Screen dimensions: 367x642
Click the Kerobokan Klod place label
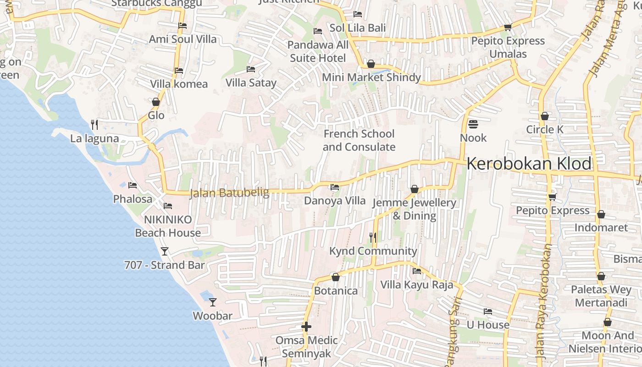[529, 164]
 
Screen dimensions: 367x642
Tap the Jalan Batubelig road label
[229, 193]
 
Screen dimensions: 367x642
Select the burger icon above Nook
[473, 124]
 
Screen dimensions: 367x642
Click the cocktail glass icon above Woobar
[213, 302]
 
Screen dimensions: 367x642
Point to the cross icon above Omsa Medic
[306, 327]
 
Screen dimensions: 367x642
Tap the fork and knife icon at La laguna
[94, 124]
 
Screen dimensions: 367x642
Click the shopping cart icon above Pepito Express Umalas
[508, 28]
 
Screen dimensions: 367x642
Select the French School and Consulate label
[359, 140]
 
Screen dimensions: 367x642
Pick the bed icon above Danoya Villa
[335, 187]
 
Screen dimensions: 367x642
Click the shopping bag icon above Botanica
[336, 277]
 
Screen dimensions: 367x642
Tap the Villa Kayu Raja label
[416, 285]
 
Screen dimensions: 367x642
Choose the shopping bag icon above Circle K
[545, 116]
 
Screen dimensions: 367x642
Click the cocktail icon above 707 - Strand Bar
[165, 251]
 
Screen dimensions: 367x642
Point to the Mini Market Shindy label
[371, 78]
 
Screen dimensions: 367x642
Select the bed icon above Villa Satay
[251, 69]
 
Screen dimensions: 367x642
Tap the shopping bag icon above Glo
[156, 102]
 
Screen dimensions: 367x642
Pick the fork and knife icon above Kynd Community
[373, 237]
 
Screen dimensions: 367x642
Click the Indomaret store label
[601, 228]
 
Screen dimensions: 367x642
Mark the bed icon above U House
[488, 311]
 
